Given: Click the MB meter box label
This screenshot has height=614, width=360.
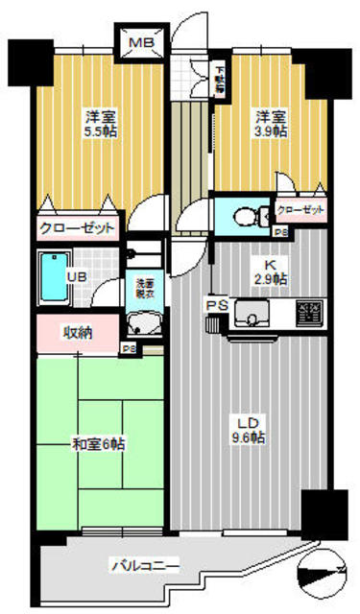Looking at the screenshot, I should pyautogui.click(x=141, y=44).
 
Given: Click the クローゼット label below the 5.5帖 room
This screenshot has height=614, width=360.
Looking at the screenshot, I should pyautogui.click(x=77, y=228).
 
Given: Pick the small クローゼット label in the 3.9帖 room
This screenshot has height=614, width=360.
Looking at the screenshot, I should pyautogui.click(x=300, y=208).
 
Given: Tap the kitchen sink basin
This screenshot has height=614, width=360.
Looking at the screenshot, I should pyautogui.click(x=252, y=313).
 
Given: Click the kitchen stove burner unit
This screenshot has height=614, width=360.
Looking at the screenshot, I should pyautogui.click(x=308, y=312).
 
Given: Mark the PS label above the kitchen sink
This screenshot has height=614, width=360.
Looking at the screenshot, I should pyautogui.click(x=217, y=305).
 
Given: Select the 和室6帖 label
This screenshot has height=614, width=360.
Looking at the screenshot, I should pyautogui.click(x=98, y=444).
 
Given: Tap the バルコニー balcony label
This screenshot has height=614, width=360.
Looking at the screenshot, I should pyautogui.click(x=144, y=566).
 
